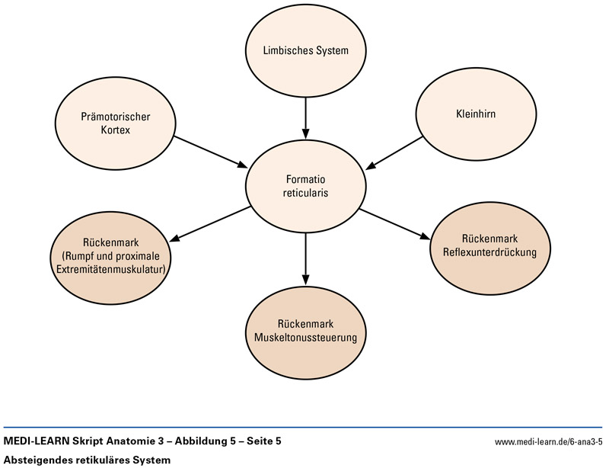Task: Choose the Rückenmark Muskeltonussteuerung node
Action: pos(305,329)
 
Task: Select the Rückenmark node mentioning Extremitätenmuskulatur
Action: pos(116,257)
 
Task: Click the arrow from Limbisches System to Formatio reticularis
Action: pos(304,114)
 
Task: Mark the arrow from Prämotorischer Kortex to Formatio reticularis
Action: pos(210,152)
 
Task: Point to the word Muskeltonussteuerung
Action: pos(305,335)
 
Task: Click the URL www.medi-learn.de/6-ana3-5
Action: pos(547,443)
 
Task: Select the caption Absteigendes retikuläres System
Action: pos(87,460)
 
